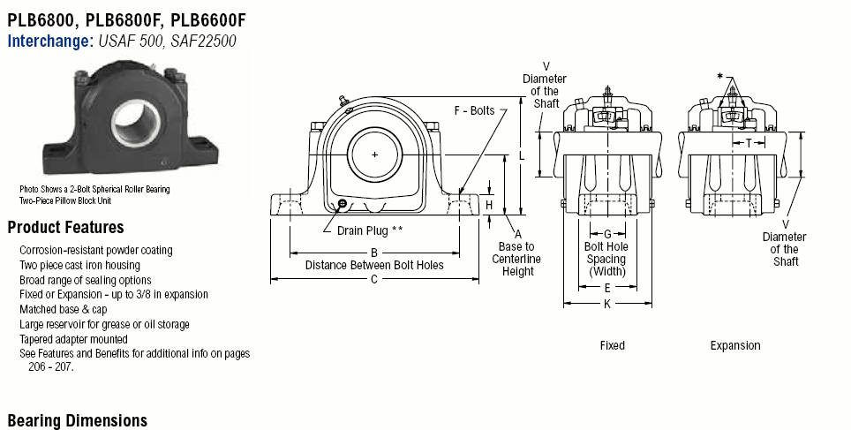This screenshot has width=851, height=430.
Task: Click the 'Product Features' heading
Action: (x=65, y=228)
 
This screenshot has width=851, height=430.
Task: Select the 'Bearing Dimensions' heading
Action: (x=77, y=420)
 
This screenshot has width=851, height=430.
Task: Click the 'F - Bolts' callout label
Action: (x=474, y=110)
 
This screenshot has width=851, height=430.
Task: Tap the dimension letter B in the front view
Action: (x=373, y=253)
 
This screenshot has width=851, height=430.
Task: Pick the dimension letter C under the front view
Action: (x=373, y=279)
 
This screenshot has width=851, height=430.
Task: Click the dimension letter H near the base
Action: (x=489, y=205)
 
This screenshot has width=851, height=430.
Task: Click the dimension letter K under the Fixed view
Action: (x=607, y=304)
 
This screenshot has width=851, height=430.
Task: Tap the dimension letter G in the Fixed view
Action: (x=607, y=233)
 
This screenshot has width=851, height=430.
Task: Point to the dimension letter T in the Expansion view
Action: (x=749, y=142)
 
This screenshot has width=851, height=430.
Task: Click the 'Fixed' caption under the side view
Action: (x=612, y=345)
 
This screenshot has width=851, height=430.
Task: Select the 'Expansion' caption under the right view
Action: (x=735, y=345)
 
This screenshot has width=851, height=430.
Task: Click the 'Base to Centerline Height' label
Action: (x=517, y=259)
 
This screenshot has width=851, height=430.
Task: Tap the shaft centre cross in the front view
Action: (x=375, y=155)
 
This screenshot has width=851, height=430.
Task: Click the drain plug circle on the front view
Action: (x=343, y=206)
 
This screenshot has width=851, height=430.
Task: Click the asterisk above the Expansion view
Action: (x=721, y=77)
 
